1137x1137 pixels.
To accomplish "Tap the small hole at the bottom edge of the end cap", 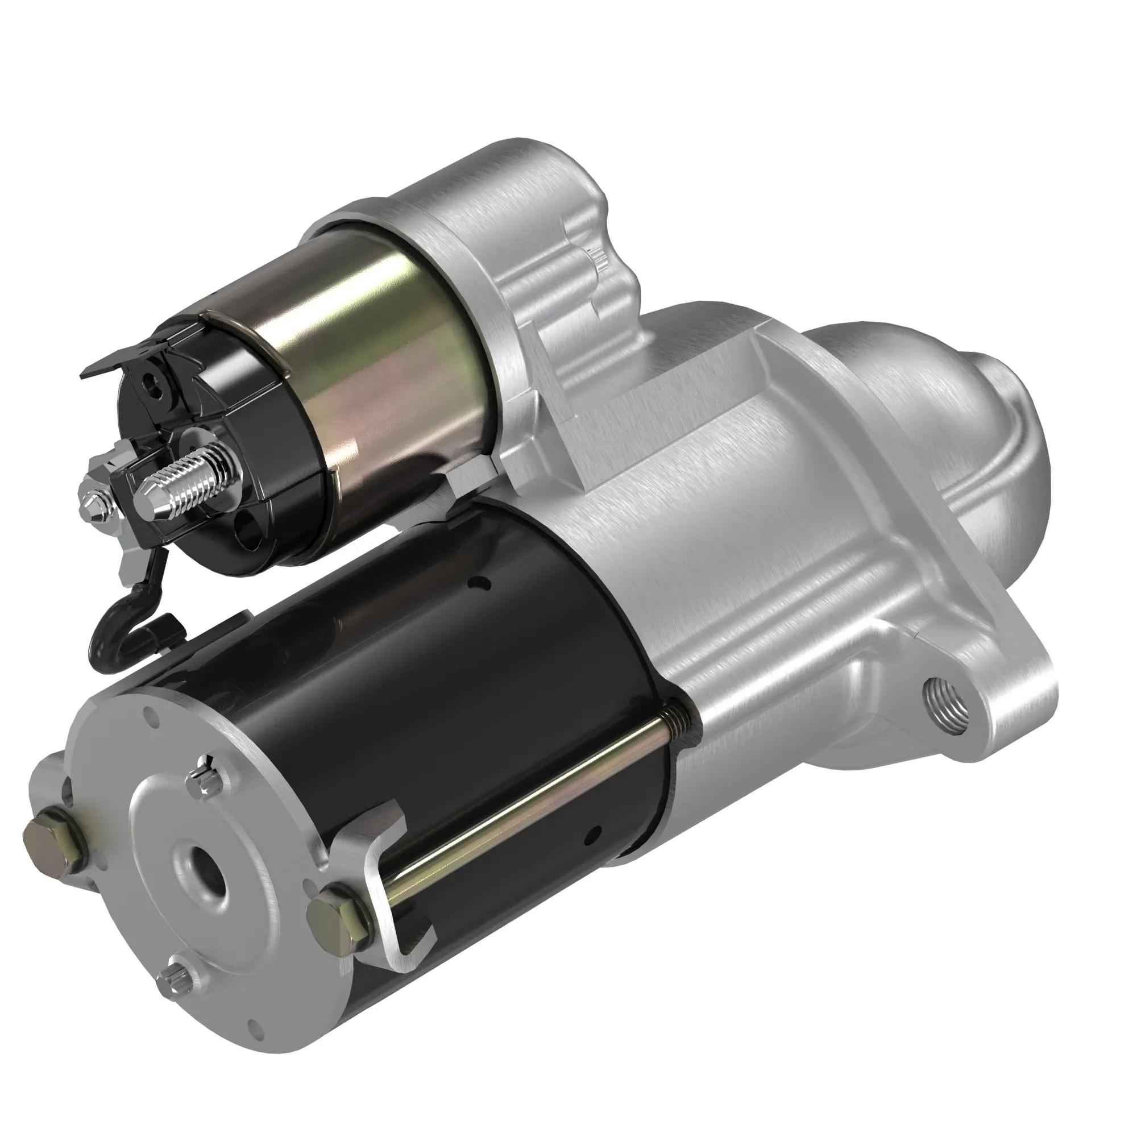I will (254, 1044).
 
